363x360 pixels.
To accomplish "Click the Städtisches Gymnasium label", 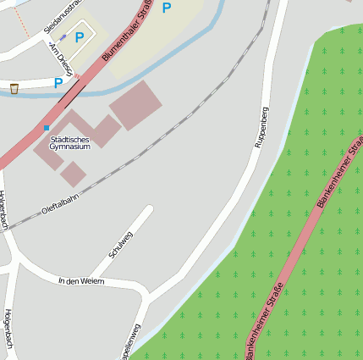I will [69, 142].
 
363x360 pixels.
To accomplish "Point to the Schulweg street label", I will [122, 244].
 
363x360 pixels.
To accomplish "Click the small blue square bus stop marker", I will [47, 128].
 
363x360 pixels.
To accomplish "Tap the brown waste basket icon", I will [14, 88].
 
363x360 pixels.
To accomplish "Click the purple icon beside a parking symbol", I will [63, 38].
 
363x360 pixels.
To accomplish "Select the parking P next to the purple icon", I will [80, 37].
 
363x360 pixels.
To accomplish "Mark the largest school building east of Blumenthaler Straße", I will [135, 105].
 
